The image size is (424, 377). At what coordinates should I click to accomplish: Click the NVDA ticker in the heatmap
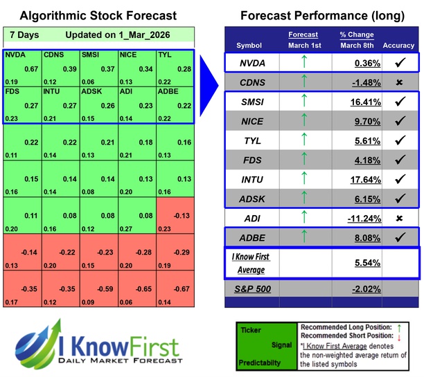(x=14, y=53)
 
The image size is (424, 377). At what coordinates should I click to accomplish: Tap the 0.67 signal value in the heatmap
(x=30, y=68)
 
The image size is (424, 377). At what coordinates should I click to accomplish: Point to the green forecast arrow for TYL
(x=303, y=141)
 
